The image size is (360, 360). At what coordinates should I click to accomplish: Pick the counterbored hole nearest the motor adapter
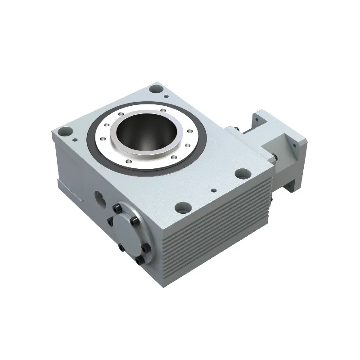243,172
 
